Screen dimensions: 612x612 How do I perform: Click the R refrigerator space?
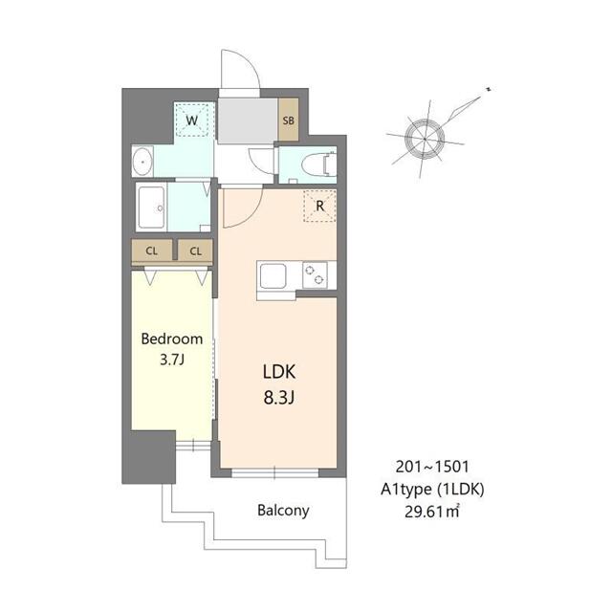click(x=319, y=206)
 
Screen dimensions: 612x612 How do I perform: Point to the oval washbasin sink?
click(x=143, y=162)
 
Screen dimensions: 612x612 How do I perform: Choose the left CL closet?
click(x=151, y=251)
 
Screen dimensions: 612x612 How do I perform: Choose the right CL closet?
click(x=195, y=251)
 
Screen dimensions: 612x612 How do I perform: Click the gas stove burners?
click(x=315, y=275)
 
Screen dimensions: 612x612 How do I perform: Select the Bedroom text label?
click(x=172, y=339)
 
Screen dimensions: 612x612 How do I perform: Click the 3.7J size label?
click(x=171, y=360)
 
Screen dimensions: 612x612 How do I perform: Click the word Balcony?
click(x=283, y=510)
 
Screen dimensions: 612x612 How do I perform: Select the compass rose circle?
click(x=424, y=138)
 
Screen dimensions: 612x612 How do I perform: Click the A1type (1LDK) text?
click(x=431, y=491)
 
